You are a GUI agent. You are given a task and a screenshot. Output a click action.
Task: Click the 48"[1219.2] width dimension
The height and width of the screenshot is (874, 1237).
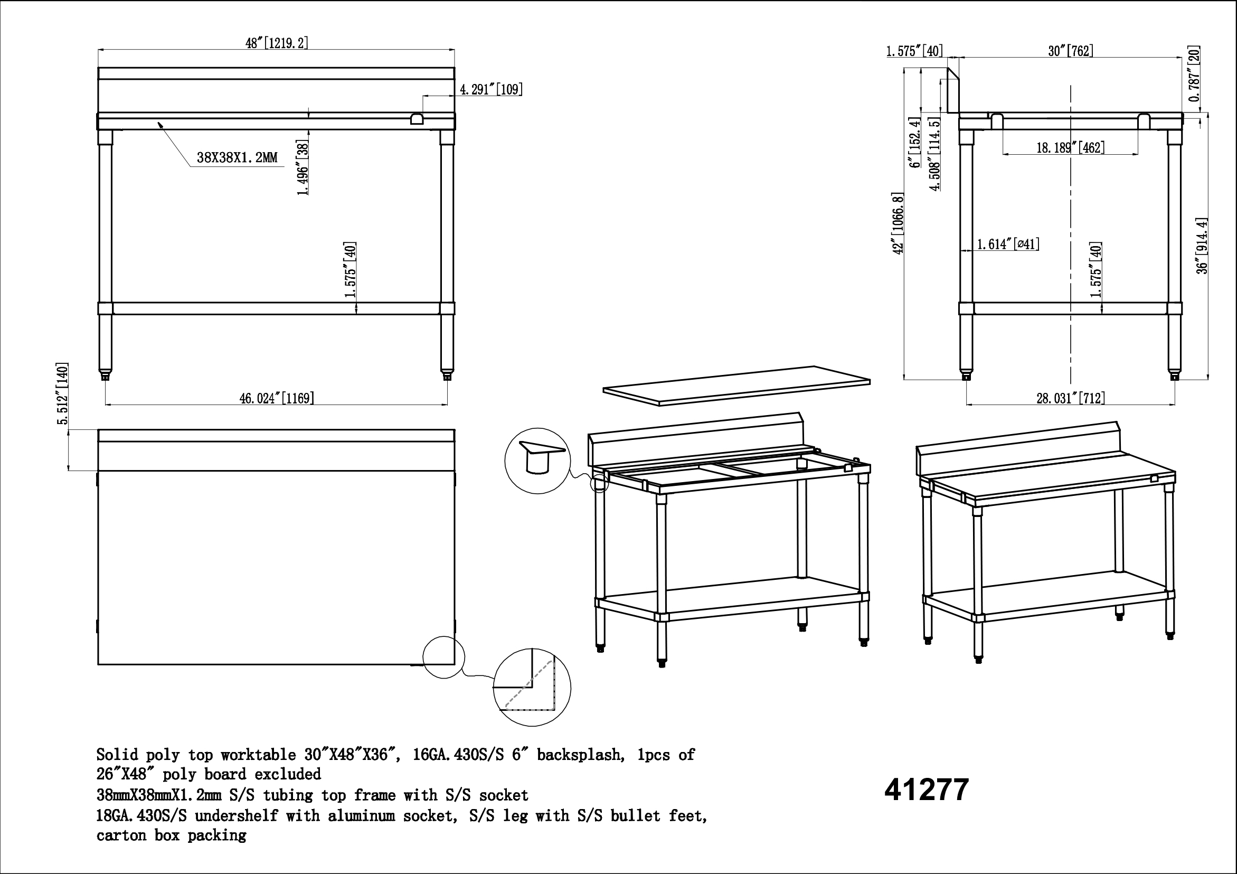pos(277,43)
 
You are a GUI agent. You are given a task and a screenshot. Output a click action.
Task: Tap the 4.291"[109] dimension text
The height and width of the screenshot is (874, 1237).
pos(491,89)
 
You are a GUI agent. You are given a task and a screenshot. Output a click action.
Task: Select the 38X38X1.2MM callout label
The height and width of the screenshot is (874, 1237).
pos(237,157)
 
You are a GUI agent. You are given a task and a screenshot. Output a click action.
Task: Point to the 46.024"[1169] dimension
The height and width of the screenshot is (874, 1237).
pos(277,398)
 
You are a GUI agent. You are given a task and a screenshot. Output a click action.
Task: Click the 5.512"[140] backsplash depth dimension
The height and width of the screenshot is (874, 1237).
pos(63,394)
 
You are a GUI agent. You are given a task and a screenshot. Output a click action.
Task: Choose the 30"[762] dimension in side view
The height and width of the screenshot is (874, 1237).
pos(1071,51)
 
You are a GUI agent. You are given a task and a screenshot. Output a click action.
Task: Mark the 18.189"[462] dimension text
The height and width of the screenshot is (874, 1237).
pos(1071,147)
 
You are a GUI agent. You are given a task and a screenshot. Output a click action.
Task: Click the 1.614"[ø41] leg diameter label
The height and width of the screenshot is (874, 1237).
pos(1008,244)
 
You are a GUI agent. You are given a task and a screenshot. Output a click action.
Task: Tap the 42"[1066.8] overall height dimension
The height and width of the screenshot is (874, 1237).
pos(898,223)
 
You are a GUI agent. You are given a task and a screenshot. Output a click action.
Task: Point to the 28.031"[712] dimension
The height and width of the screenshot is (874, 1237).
pos(1071,398)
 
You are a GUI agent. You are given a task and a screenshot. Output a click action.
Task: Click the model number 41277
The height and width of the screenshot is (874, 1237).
pos(927,790)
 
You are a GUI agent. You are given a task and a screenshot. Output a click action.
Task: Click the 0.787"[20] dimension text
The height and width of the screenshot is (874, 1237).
pos(1194,74)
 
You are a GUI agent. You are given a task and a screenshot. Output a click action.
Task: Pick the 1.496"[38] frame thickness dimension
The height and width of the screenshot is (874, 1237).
pos(303,167)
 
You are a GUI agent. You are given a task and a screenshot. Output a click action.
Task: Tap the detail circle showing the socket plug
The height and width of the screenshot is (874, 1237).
pos(537,461)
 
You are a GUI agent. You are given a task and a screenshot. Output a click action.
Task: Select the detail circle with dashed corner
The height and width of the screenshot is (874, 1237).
pos(532,687)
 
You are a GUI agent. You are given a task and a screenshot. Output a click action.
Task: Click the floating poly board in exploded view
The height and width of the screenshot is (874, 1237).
pos(736,386)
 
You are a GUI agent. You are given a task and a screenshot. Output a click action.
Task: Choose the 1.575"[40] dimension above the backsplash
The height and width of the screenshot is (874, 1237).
pos(914,51)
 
